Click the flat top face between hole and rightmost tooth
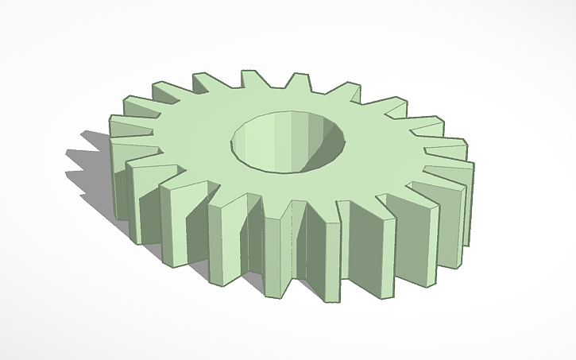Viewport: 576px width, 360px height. pyautogui.click(x=389, y=155)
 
